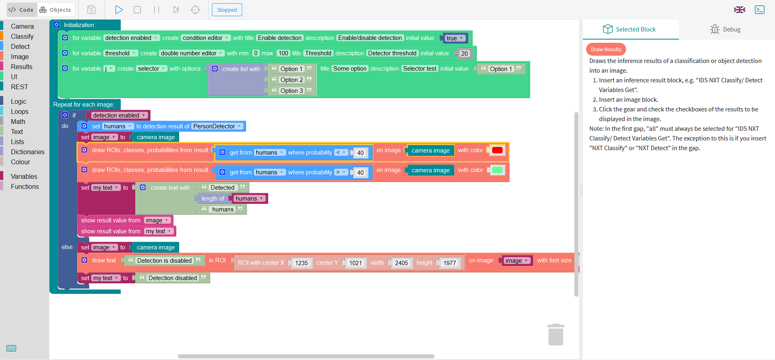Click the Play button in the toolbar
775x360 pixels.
point(119,10)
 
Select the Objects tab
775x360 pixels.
point(55,10)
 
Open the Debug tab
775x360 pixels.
point(725,29)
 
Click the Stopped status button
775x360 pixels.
point(227,10)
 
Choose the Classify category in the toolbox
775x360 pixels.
point(22,36)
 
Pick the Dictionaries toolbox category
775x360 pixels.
point(27,152)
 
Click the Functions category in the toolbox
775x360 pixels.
point(25,186)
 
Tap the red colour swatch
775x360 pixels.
point(497,150)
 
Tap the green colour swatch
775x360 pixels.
point(497,170)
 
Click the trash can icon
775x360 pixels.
point(556,335)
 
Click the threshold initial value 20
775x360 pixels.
point(465,53)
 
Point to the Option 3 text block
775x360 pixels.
point(292,91)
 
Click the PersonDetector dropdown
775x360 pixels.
point(217,126)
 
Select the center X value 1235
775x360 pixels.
point(301,263)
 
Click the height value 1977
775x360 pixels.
point(450,263)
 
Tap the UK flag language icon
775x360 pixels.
point(739,10)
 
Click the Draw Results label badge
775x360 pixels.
point(606,49)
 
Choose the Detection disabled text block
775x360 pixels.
point(173,278)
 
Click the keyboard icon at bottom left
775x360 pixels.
point(11,348)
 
